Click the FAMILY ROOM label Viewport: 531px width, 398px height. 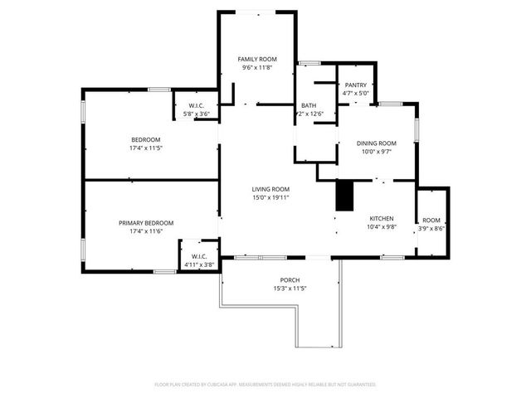[256, 60]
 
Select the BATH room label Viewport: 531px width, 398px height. [309, 105]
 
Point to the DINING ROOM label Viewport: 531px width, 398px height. [377, 143]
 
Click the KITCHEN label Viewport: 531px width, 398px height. [381, 217]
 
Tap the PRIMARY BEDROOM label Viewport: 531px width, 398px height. [145, 222]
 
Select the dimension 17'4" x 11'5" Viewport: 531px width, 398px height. [145, 148]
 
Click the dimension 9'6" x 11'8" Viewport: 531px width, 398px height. [256, 69]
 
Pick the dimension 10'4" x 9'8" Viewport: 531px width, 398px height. [381, 226]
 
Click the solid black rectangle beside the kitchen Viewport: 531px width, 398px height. [343, 196]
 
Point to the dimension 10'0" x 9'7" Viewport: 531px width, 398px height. [377, 152]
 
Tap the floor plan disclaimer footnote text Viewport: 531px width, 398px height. [265, 385]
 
